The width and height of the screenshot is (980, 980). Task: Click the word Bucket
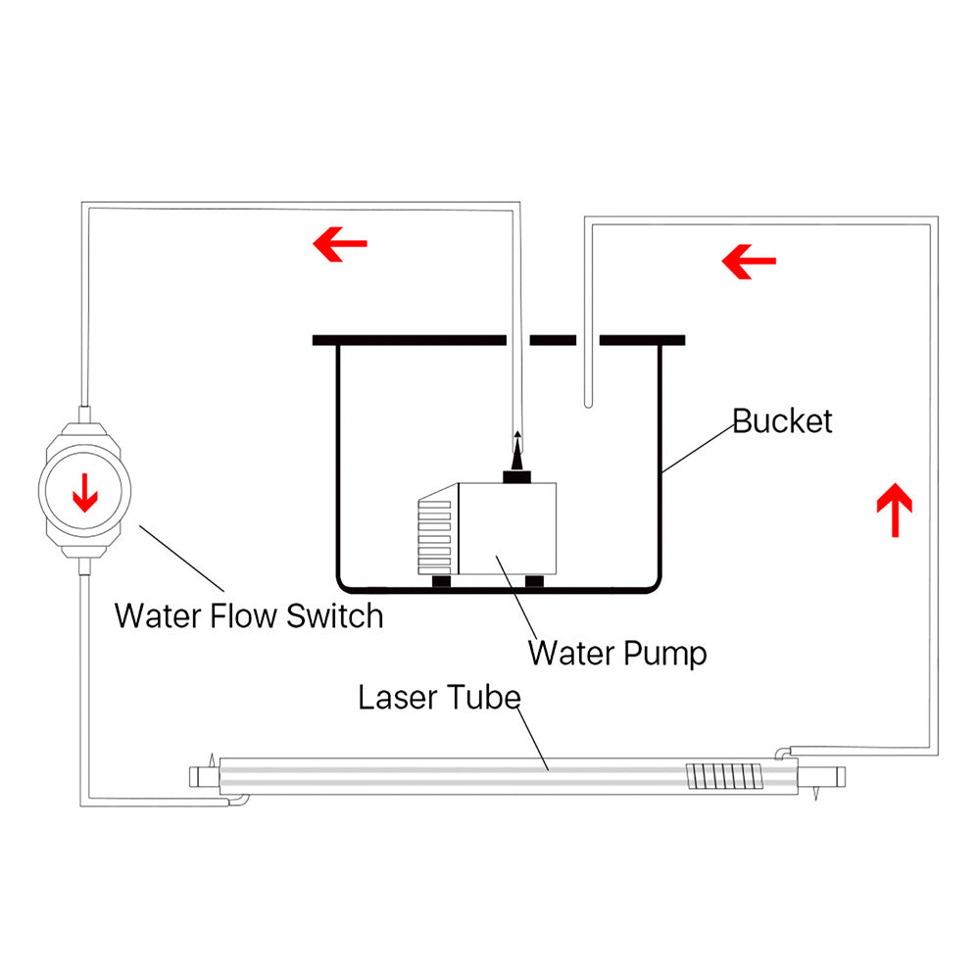click(782, 421)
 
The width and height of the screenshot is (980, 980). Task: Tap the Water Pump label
click(617, 652)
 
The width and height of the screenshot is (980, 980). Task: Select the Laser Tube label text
click(438, 699)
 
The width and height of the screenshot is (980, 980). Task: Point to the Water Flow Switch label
click(248, 616)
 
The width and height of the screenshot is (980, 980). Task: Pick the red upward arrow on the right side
click(896, 509)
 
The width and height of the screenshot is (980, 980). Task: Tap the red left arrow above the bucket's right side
click(749, 261)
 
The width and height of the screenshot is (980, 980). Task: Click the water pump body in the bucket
click(505, 529)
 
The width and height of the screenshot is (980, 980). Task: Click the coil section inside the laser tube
click(723, 777)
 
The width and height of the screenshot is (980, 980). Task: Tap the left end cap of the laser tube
click(203, 775)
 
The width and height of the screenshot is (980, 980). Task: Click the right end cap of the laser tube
click(828, 777)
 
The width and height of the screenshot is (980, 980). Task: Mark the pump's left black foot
click(442, 582)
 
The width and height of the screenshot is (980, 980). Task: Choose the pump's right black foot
click(534, 582)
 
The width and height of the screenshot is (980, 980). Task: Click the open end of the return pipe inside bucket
click(587, 401)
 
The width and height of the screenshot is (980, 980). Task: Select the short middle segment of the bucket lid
click(554, 340)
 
